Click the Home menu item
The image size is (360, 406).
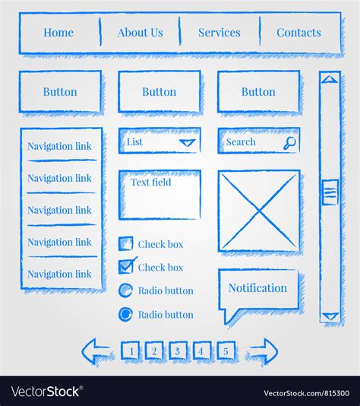(58, 33)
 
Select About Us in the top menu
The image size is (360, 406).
(140, 33)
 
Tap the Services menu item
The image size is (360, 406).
(219, 33)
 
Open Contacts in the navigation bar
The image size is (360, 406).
(298, 33)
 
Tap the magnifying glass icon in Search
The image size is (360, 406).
(289, 142)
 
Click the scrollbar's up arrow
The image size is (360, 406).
(329, 78)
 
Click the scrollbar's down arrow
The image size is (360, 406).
(329, 316)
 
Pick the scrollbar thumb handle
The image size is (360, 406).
(330, 192)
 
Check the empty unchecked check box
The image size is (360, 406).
(126, 244)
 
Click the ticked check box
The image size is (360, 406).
(127, 267)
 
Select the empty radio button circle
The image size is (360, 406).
(126, 290)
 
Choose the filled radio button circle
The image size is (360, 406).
(126, 314)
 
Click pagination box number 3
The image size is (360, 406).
(177, 350)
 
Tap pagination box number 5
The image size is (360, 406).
(226, 350)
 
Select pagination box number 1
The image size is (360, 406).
(130, 350)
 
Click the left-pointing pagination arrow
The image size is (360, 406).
(96, 350)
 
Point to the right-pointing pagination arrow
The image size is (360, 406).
(263, 350)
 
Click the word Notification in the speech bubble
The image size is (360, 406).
(257, 288)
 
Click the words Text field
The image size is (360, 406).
(150, 182)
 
